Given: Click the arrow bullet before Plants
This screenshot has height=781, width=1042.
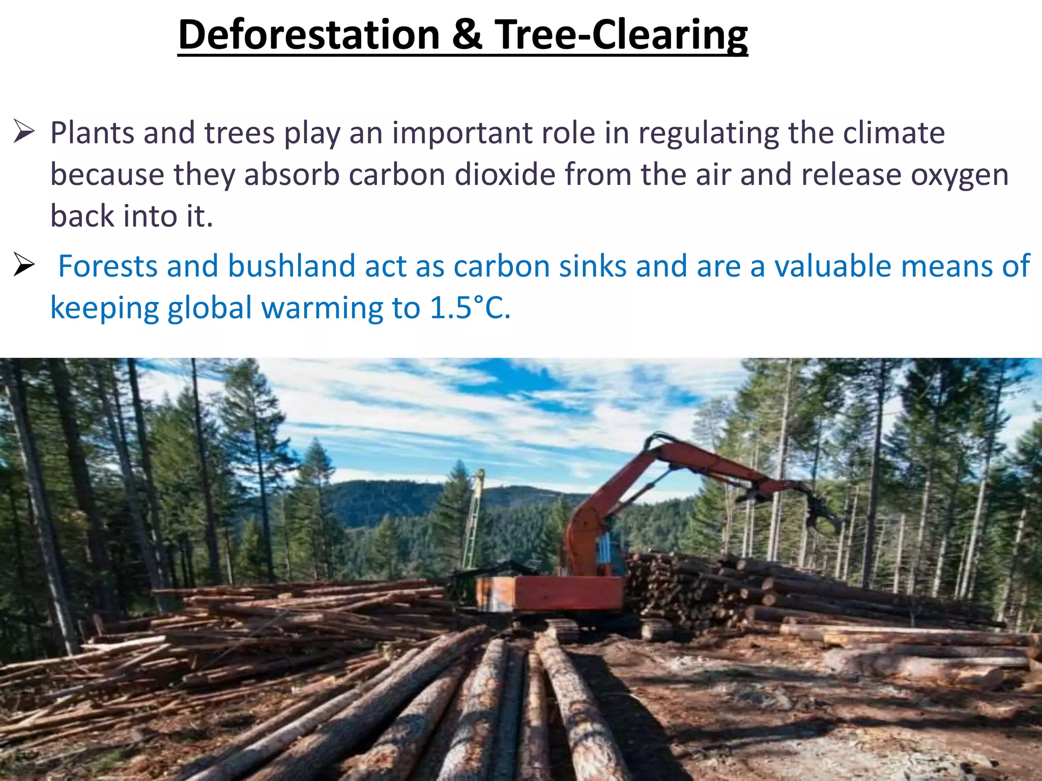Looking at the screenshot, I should click(x=23, y=132).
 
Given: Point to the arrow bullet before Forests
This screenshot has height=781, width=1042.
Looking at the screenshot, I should click(x=23, y=265).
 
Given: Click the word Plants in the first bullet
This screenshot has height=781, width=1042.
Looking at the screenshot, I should click(x=92, y=133).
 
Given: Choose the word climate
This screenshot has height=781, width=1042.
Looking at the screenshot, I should click(x=894, y=133).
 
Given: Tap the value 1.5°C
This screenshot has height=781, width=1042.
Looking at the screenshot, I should click(x=470, y=308).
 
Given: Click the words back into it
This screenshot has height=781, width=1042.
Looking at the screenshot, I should click(x=131, y=216).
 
